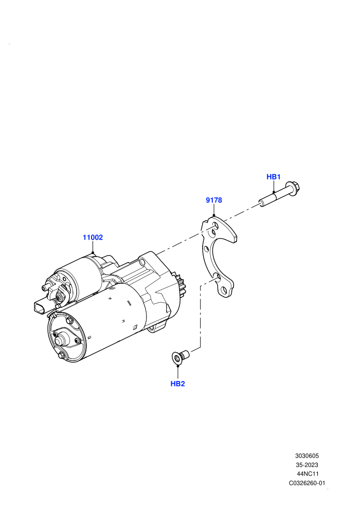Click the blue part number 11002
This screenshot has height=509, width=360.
(93, 238)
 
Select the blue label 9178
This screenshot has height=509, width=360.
(214, 200)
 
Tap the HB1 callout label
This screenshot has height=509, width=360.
(273, 176)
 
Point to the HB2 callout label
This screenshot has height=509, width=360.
(177, 384)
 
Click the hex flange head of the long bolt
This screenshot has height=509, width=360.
(294, 187)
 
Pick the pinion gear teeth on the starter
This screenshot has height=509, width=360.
(182, 286)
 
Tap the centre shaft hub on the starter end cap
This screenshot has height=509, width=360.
(60, 341)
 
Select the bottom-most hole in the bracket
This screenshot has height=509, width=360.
(224, 290)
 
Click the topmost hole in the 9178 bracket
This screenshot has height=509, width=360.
(214, 226)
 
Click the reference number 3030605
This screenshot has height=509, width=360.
(307, 456)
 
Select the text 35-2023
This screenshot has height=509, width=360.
(307, 465)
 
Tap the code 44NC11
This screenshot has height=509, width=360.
(308, 474)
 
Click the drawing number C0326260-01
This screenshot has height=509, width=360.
(307, 483)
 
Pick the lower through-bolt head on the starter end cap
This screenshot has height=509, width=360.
(61, 356)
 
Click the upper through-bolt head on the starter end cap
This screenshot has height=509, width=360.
(69, 321)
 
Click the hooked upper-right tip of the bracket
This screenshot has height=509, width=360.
(235, 239)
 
